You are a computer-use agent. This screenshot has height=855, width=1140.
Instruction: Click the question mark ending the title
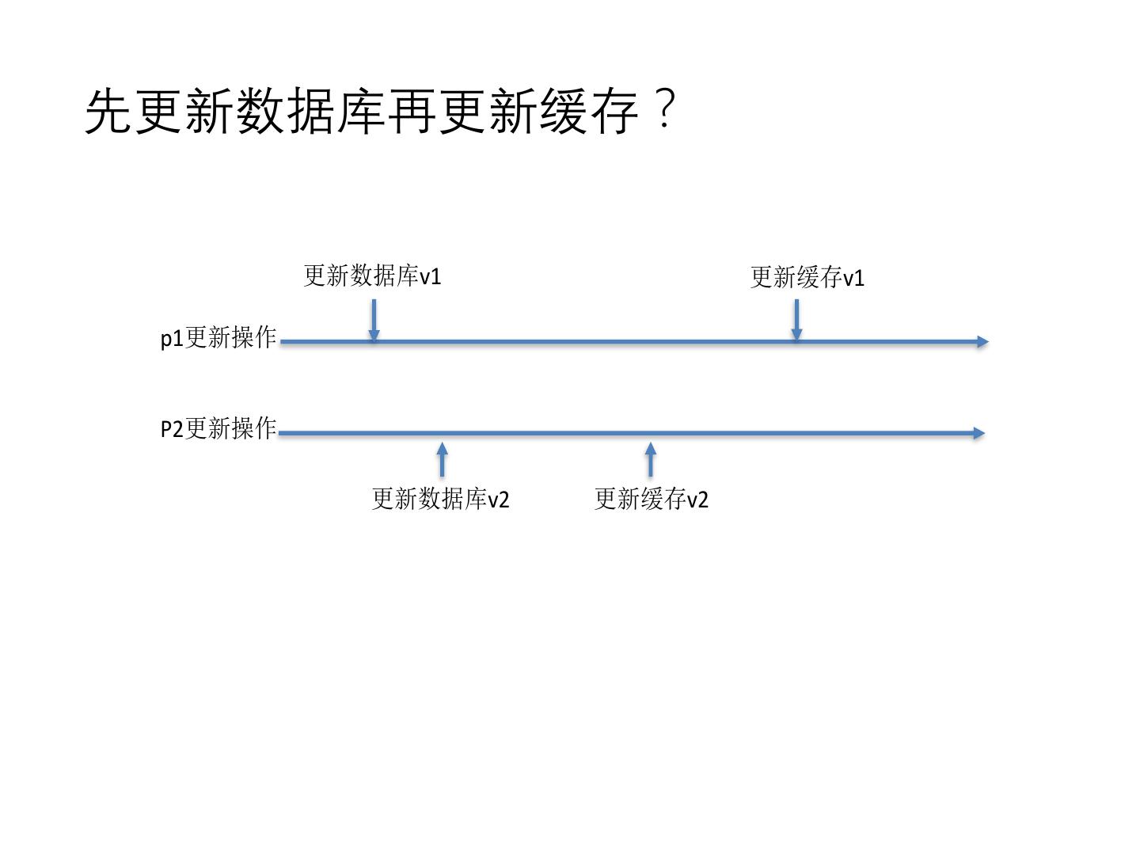pos(666,109)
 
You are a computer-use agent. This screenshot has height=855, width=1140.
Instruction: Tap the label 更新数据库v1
pos(372,276)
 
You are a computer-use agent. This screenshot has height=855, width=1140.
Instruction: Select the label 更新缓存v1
pos(807,278)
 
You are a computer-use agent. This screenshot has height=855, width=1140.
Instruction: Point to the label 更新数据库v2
pos(440,499)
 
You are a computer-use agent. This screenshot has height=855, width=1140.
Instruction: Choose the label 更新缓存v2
pos(651,499)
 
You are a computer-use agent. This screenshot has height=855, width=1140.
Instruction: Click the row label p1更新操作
pos(218,338)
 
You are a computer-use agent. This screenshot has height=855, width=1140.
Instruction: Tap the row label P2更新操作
pos(218,429)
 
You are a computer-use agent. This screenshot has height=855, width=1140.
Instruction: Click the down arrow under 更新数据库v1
pos(374,321)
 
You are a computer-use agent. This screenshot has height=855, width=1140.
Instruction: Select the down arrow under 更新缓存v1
pos(796,321)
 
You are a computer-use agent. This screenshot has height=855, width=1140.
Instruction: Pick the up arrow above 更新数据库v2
pos(442,459)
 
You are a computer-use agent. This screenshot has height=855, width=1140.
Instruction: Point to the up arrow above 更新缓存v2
pos(651,459)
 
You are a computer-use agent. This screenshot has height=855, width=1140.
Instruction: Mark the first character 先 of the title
pos(108,111)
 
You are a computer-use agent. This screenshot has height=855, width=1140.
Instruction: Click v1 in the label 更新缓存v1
pos(853,279)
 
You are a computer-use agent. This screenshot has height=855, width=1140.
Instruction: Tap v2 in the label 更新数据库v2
pos(498,500)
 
